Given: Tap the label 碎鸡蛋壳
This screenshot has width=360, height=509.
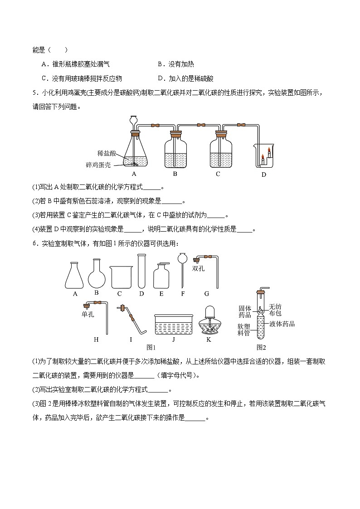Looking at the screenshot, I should pyautogui.click(x=98, y=165).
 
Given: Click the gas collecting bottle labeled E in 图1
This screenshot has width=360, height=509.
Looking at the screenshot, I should pyautogui.click(x=161, y=276).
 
